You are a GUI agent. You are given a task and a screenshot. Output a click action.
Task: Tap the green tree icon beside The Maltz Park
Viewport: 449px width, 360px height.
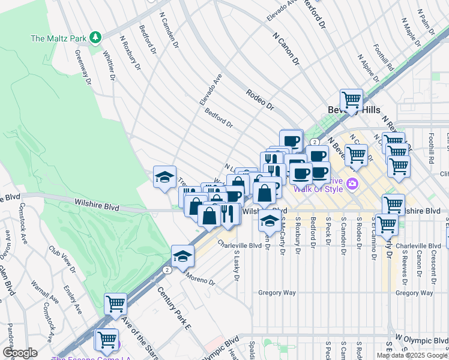tap(95, 38)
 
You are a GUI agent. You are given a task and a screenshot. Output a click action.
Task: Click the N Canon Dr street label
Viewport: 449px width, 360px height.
tap(285, 49)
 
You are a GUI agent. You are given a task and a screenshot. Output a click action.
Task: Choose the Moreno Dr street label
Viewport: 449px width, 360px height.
tap(200, 280)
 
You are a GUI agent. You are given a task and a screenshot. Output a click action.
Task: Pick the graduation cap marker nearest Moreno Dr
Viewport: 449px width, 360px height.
tap(182, 256)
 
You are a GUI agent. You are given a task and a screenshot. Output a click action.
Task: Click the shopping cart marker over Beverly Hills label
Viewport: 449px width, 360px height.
tap(351, 99)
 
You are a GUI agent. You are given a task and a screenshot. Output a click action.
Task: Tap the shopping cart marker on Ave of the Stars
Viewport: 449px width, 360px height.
tap(115, 303)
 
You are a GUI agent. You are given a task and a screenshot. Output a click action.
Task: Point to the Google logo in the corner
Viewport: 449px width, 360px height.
tap(19, 353)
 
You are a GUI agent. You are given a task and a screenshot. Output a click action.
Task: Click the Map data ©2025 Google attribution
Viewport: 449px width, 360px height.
tap(412, 355)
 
